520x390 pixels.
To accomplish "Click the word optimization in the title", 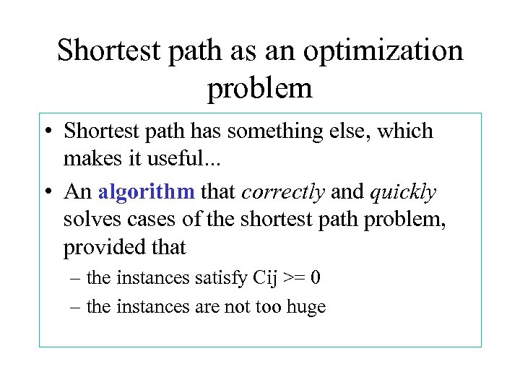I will click(383, 51).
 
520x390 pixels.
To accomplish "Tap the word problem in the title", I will click(260, 88).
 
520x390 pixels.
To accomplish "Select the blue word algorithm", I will click(147, 191).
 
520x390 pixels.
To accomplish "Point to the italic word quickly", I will click(403, 191).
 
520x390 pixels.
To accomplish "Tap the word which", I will click(406, 131).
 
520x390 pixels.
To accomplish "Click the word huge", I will click(306, 307).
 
